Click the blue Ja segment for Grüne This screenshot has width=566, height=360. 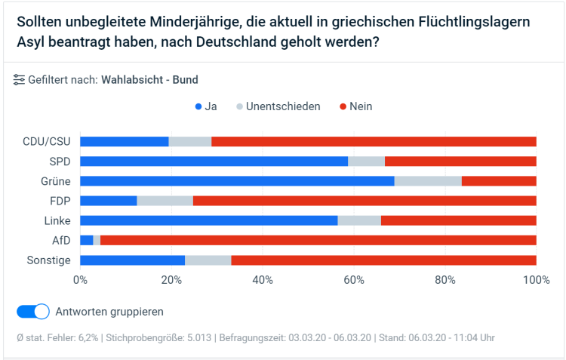pyautogui.click(x=237, y=181)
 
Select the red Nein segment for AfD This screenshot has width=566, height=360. pyautogui.click(x=318, y=240)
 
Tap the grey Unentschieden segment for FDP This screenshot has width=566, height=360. pyautogui.click(x=165, y=201)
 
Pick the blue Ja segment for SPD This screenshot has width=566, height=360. pyautogui.click(x=214, y=161)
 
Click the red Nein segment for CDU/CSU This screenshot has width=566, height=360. pyautogui.click(x=374, y=141)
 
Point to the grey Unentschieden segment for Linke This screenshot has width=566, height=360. pyautogui.click(x=359, y=220)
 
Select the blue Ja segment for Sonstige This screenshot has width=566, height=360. pyautogui.click(x=132, y=260)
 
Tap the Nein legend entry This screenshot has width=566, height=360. pyautogui.click(x=355, y=106)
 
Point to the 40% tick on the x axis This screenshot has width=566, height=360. pyautogui.click(x=262, y=280)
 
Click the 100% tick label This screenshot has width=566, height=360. pyautogui.click(x=536, y=280)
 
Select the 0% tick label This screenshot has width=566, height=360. pyautogui.click(x=80, y=280)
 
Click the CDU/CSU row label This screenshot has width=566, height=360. pyautogui.click(x=47, y=141)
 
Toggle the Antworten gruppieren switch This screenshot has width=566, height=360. pyautogui.click(x=33, y=311)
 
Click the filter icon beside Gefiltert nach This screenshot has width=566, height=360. pyautogui.click(x=19, y=79)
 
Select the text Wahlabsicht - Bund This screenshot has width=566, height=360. pyautogui.click(x=149, y=79)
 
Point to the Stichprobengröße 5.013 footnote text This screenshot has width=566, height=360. pyautogui.click(x=159, y=337)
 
